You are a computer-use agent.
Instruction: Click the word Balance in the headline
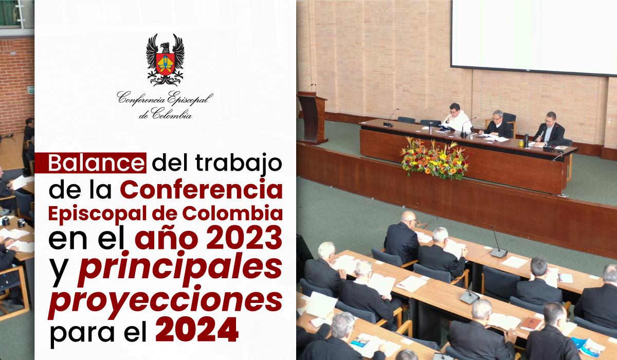tap(96, 164)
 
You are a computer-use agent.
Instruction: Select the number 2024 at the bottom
tap(196, 330)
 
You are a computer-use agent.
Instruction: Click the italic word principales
tap(180, 269)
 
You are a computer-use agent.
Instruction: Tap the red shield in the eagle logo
tap(165, 64)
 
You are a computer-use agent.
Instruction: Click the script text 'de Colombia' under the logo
tap(165, 114)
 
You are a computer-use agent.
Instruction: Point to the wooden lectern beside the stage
tap(313, 118)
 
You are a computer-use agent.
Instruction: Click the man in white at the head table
tap(456, 118)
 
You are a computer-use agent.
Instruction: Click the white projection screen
tap(534, 37)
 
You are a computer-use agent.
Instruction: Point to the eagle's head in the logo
tap(165, 47)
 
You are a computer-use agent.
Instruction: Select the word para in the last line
tap(82, 333)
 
